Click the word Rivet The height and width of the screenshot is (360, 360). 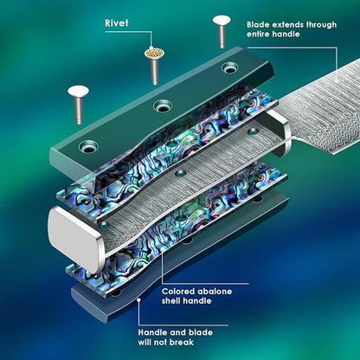pyautogui.click(x=117, y=23)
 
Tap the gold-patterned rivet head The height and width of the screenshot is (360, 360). pyautogui.click(x=155, y=53)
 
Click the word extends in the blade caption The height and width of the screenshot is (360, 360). pyautogui.click(x=287, y=25)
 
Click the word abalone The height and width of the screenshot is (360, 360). pyautogui.click(x=214, y=292)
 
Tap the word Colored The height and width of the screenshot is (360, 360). pyautogui.click(x=177, y=292)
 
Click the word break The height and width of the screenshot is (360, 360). pyautogui.click(x=182, y=343)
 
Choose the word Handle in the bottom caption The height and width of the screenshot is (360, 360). pyautogui.click(x=152, y=332)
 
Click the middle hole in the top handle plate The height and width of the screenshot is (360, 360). pyautogui.click(x=163, y=106)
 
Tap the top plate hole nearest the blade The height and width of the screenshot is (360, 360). pyautogui.click(x=230, y=68)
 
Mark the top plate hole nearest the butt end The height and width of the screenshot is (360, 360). pyautogui.click(x=88, y=147)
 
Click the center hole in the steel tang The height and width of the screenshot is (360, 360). pyautogui.click(x=181, y=173)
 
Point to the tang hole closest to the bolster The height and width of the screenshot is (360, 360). pyautogui.click(x=253, y=132)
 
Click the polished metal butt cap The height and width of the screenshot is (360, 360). pyautogui.click(x=75, y=239)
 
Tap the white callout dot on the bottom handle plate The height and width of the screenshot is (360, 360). pyautogui.click(x=138, y=300)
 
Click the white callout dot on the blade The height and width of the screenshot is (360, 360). pyautogui.click(x=337, y=81)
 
